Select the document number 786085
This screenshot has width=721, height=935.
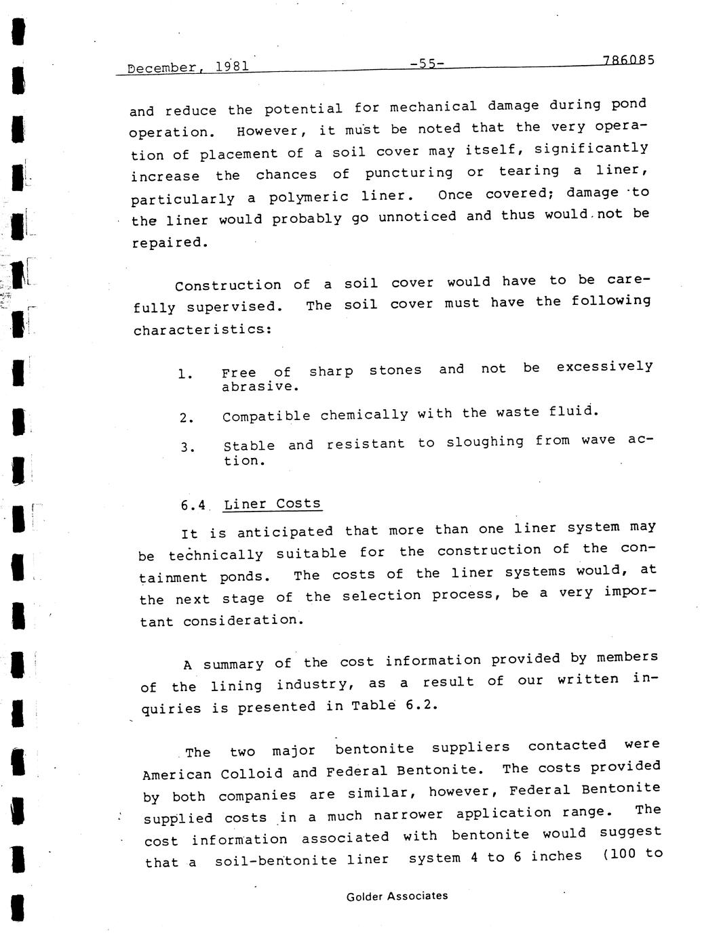628,60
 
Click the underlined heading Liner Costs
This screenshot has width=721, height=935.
272,503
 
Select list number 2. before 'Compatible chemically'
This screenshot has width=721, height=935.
187,418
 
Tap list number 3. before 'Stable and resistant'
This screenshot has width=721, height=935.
188,448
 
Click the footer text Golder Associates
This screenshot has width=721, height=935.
397,896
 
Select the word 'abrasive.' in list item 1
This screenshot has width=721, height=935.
260,387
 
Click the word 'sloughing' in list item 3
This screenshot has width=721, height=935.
485,442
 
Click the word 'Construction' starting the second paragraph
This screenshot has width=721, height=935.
228,285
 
